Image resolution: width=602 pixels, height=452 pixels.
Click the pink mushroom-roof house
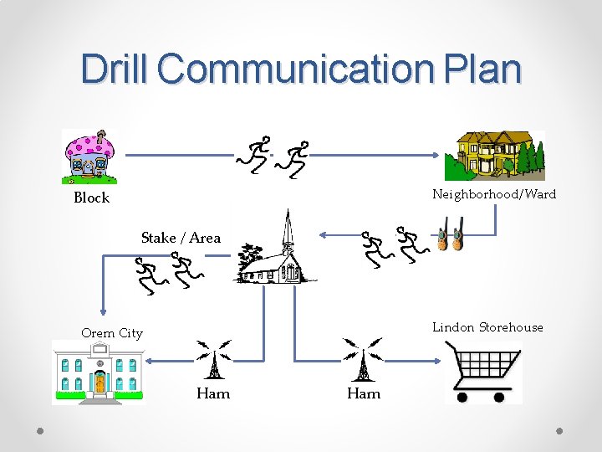pos(90,157)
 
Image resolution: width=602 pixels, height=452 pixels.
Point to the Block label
pos(92,198)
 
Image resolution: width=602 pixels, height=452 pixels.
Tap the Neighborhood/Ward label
pos(493,194)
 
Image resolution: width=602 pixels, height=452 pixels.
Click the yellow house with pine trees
pos(493,156)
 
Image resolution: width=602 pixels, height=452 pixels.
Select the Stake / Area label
pos(181,238)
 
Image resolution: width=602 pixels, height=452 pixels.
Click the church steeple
pos(288,230)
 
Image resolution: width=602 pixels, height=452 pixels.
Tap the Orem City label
pos(112,333)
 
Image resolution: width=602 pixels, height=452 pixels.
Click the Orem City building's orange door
pos(100,383)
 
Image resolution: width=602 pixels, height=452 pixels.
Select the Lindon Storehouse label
pos(487,327)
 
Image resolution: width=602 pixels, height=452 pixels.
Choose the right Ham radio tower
pos(363,360)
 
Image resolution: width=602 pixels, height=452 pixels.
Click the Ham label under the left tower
pos(212,393)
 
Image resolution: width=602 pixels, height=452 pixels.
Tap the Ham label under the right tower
pos(364,393)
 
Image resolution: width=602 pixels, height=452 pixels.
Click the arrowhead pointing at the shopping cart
pos(438,361)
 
